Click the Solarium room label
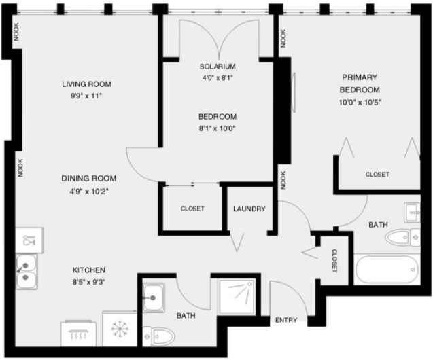click(x=218, y=67)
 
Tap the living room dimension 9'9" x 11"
click(x=86, y=96)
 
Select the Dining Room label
click(x=88, y=178)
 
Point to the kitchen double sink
click(x=27, y=272)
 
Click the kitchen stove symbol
click(x=78, y=333)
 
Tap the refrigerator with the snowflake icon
click(x=120, y=329)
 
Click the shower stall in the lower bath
click(x=237, y=297)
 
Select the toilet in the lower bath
click(x=159, y=336)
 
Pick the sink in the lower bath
click(x=154, y=298)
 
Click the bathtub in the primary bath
click(x=387, y=270)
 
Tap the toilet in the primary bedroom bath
click(x=402, y=237)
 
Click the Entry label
click(x=286, y=320)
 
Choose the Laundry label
click(x=249, y=209)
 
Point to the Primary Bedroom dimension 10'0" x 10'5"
click(x=360, y=103)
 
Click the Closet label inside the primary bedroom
click(x=377, y=175)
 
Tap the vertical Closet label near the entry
click(x=334, y=261)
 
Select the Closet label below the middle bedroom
click(x=192, y=209)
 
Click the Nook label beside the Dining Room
click(x=20, y=168)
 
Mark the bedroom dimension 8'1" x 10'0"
click(x=218, y=128)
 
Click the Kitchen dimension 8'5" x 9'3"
click(x=88, y=282)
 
